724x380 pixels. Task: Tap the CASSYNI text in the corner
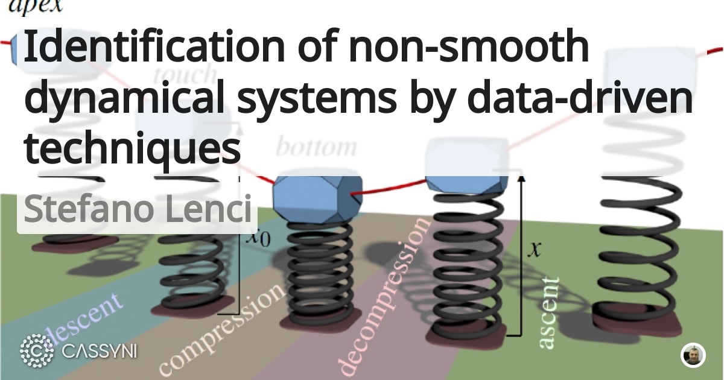[100, 350]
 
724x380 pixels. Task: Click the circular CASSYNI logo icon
[37, 350]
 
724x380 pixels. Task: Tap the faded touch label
[184, 75]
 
